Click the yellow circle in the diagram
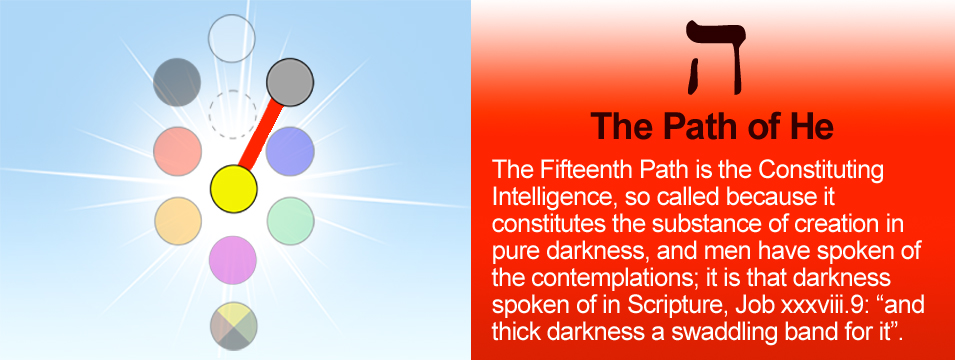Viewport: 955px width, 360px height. (234, 189)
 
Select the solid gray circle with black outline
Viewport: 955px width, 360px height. (290, 82)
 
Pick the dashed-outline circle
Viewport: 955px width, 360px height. (233, 115)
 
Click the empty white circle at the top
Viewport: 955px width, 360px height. (231, 38)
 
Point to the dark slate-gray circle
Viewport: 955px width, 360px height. (177, 82)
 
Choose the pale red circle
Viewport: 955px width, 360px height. (177, 152)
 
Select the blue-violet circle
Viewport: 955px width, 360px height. (291, 152)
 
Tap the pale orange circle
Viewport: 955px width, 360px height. (178, 221)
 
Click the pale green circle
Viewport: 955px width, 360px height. (291, 221)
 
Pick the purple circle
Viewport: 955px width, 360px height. (233, 260)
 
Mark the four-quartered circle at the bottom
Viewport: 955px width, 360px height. (234, 326)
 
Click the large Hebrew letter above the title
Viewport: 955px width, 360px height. (715, 58)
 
